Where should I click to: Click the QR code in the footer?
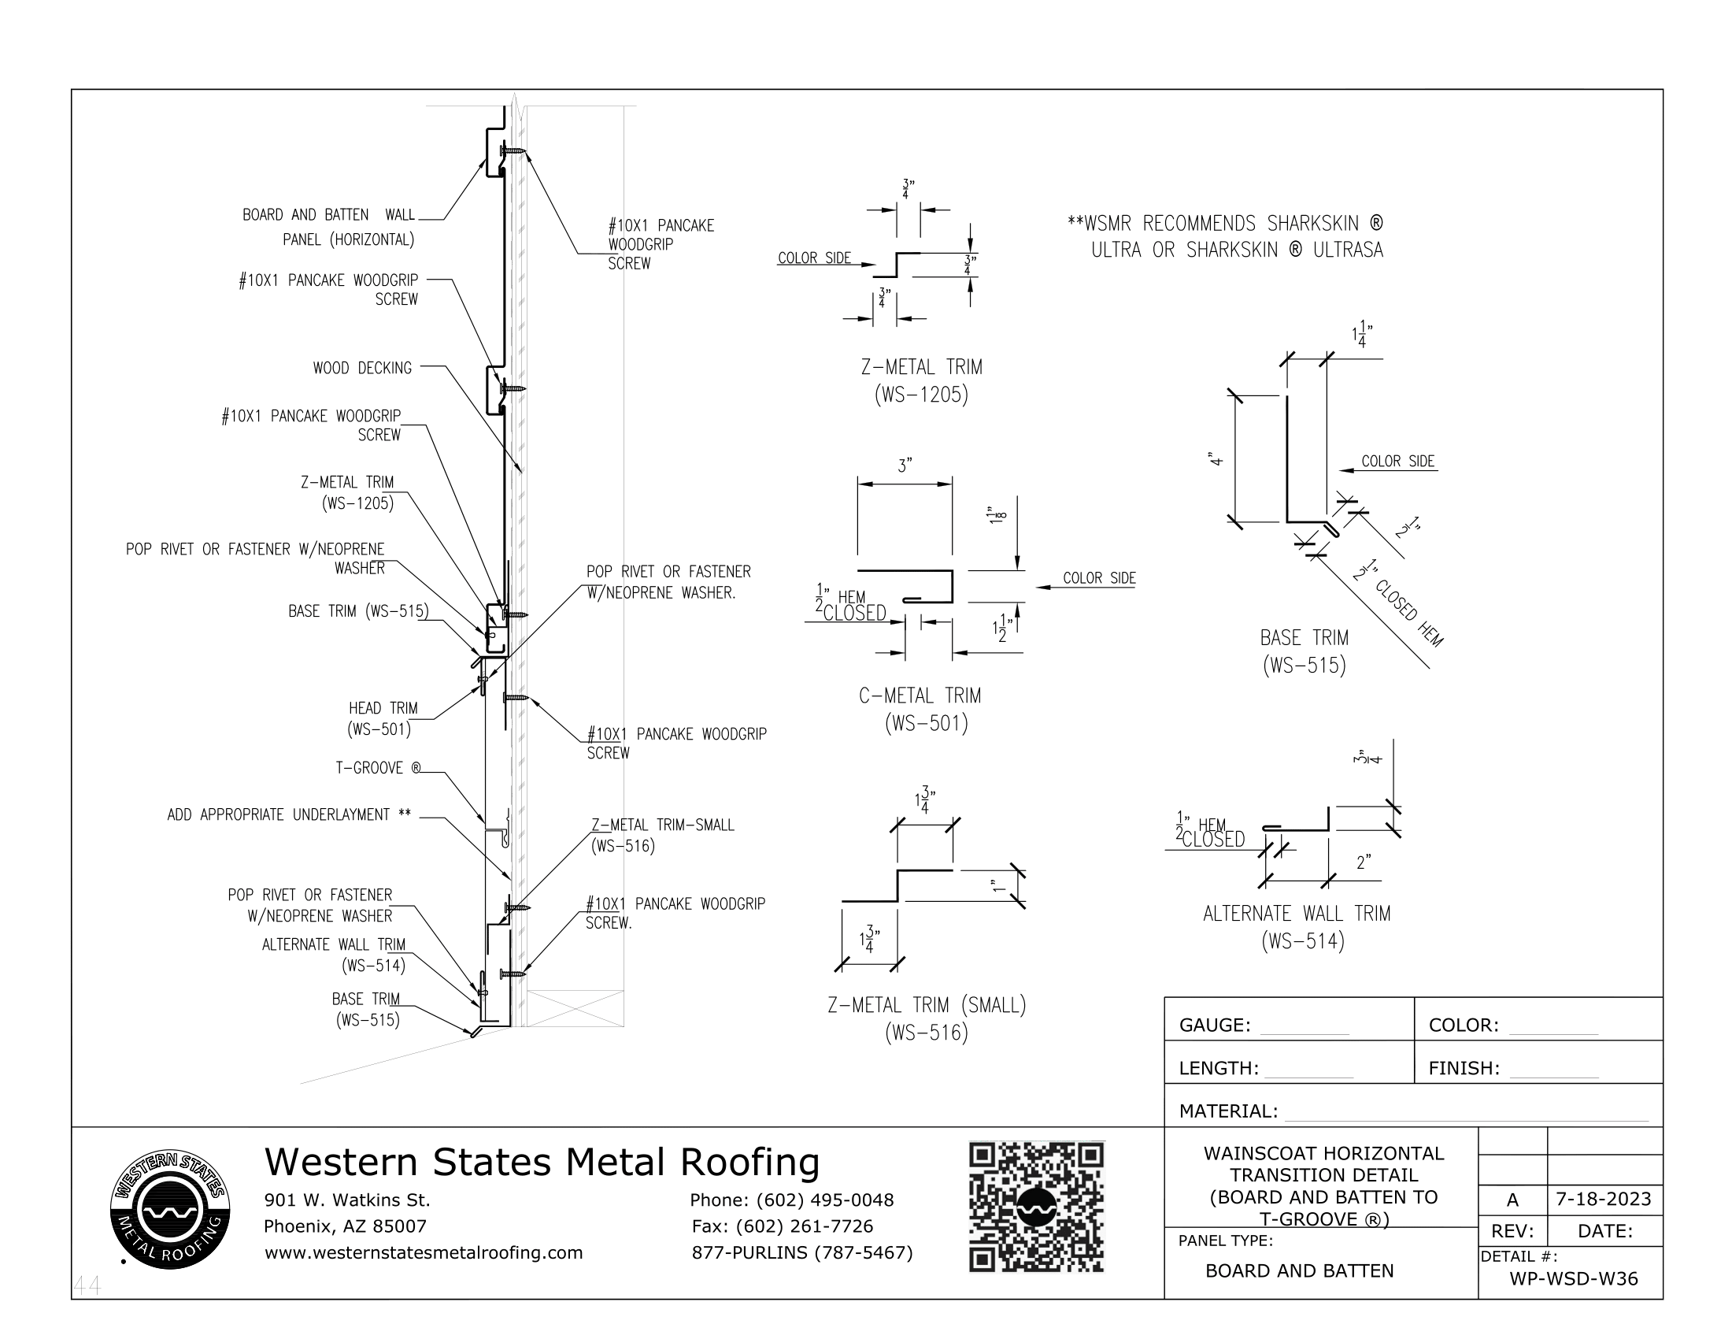(1036, 1207)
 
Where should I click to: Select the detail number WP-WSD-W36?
(1574, 1278)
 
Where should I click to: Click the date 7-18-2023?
(1603, 1199)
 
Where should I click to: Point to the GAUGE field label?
(1214, 1025)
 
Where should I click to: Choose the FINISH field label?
(1464, 1068)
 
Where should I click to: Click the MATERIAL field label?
(1227, 1111)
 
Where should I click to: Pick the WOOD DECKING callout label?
(362, 368)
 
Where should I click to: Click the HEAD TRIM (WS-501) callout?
(382, 718)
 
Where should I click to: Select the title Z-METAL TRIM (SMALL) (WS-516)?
(927, 1018)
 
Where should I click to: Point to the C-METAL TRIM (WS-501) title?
(920, 709)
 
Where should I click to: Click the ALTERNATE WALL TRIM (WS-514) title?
(1297, 926)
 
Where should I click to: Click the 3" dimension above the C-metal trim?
(905, 465)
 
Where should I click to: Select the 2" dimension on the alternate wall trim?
(1364, 862)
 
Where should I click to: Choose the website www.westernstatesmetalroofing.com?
(424, 1252)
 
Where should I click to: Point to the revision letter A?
(1512, 1200)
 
